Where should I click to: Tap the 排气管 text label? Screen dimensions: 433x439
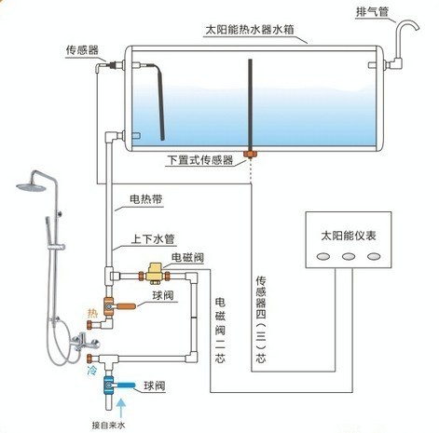(375, 12)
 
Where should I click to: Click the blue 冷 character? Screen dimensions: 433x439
(91, 369)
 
